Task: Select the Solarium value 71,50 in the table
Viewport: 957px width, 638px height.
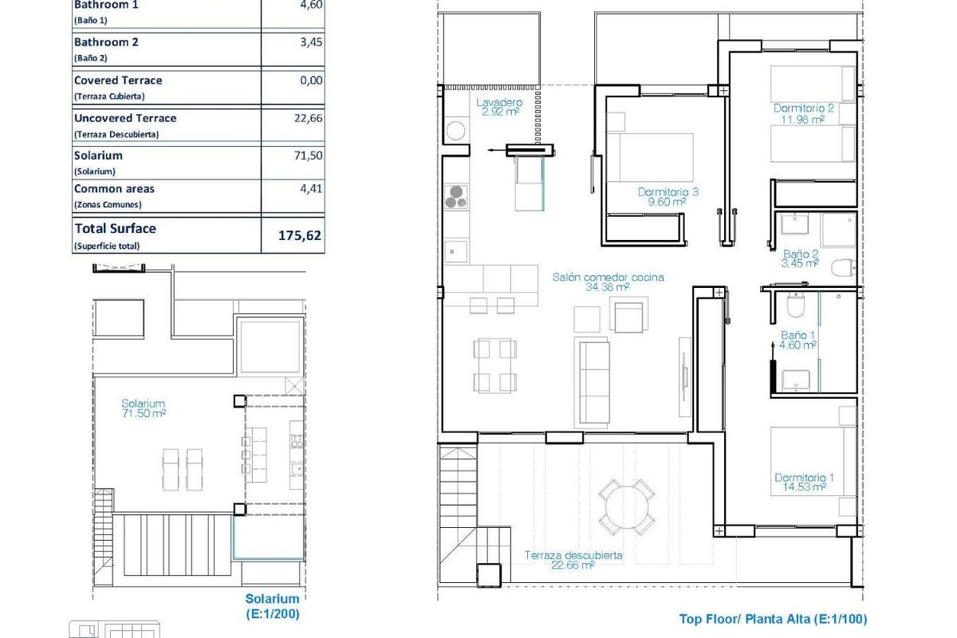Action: [308, 156]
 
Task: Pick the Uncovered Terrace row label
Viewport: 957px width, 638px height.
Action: [125, 118]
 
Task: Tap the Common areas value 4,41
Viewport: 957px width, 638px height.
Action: [311, 189]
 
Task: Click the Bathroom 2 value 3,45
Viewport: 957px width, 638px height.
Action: [311, 42]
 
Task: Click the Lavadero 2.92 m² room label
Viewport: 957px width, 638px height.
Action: [499, 108]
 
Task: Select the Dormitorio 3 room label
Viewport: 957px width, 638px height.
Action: [668, 197]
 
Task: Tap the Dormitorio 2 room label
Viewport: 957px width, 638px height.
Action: [803, 114]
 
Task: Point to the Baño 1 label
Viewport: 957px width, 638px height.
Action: [797, 341]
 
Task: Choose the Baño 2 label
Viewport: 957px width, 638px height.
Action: [800, 257]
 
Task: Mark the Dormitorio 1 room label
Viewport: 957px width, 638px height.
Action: [803, 482]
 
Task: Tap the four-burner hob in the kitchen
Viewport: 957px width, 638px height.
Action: [455, 196]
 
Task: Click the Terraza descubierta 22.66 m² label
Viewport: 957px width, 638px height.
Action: [573, 561]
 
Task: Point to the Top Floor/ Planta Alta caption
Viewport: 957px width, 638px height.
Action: [773, 618]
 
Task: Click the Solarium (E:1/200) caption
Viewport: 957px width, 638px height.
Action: [272, 605]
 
